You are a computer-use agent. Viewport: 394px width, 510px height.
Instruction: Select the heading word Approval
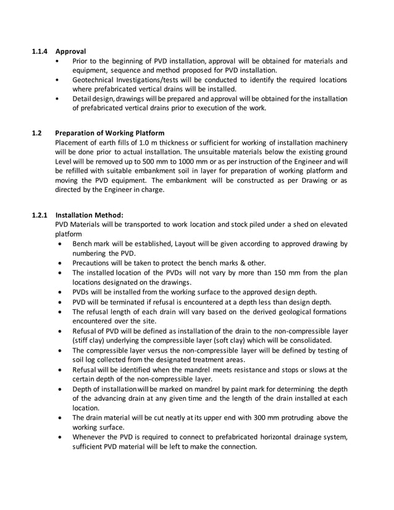point(70,51)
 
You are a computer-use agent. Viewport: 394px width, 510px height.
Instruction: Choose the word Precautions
point(94,262)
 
